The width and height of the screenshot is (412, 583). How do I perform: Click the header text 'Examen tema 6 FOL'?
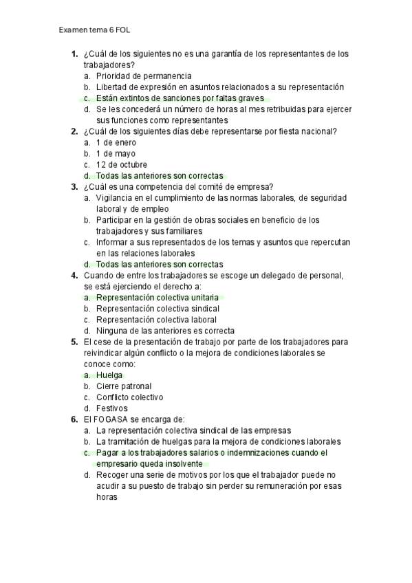pyautogui.click(x=95, y=31)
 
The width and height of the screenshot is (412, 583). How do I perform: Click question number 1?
pyautogui.click(x=74, y=54)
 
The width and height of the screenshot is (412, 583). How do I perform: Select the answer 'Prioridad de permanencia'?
pyautogui.click(x=144, y=76)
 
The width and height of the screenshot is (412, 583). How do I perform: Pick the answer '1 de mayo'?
pyautogui.click(x=116, y=153)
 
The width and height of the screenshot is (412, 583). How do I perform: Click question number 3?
pyautogui.click(x=74, y=186)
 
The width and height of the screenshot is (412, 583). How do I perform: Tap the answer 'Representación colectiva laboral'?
pyautogui.click(x=157, y=320)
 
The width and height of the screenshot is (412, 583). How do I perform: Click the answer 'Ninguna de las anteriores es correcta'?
pyautogui.click(x=165, y=331)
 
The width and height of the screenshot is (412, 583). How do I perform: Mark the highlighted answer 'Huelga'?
pyautogui.click(x=109, y=375)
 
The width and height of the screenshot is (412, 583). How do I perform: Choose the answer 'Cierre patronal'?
pyautogui.click(x=124, y=386)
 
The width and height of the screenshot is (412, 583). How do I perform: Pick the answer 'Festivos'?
pyautogui.click(x=111, y=408)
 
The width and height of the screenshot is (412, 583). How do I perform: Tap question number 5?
pyautogui.click(x=74, y=342)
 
